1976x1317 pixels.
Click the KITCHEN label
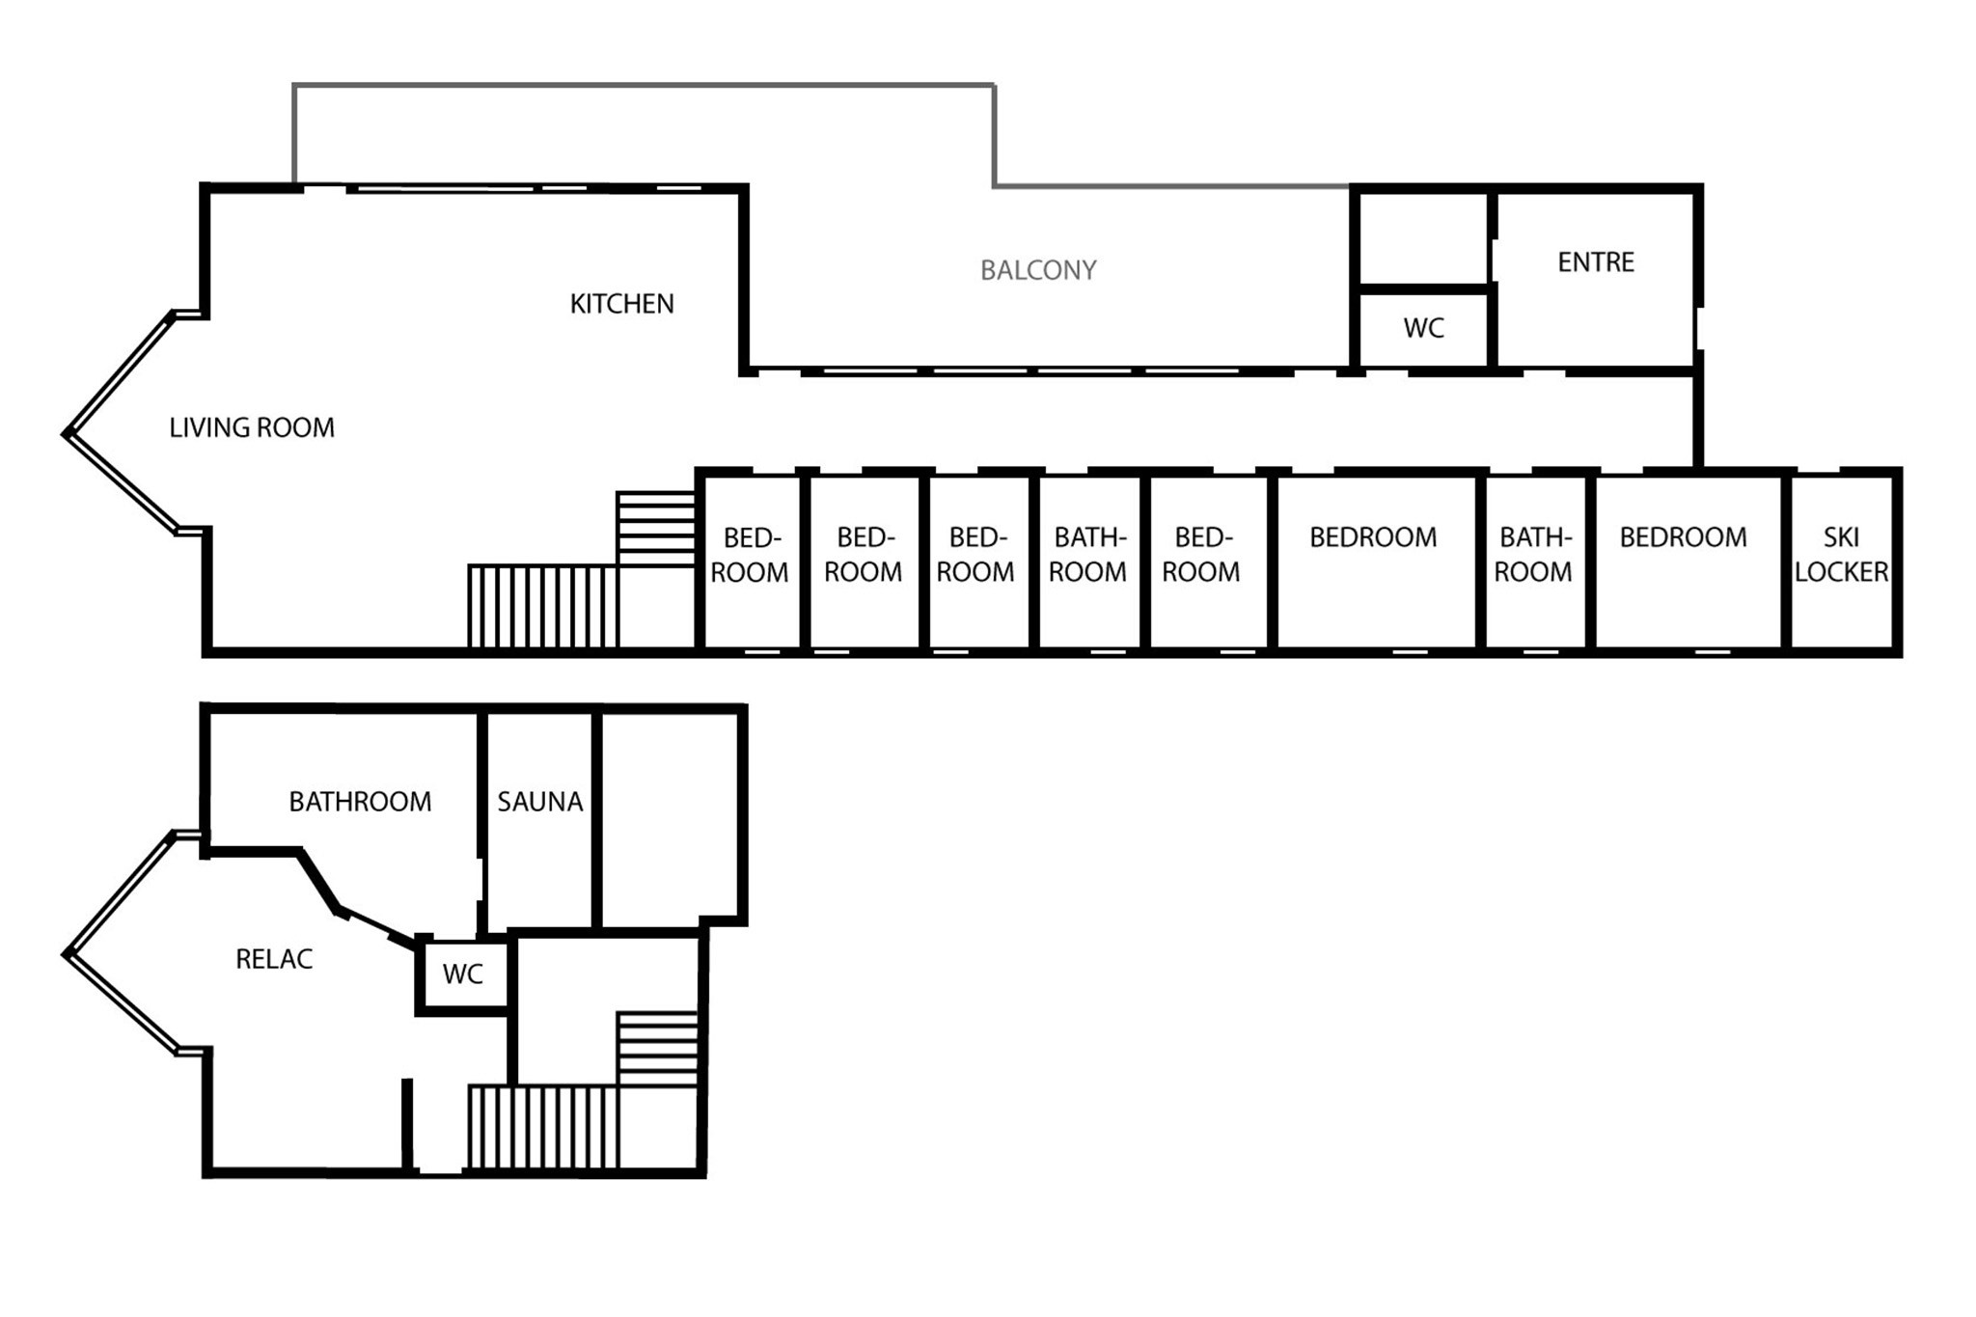(x=621, y=304)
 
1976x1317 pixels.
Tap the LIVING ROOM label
(x=252, y=427)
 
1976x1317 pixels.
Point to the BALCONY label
(x=1038, y=270)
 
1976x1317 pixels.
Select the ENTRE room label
(x=1596, y=262)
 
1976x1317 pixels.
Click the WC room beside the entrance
(x=1423, y=327)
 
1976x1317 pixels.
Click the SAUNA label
(x=539, y=802)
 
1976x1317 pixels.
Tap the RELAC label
(x=274, y=959)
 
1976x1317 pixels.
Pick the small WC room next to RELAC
(x=463, y=974)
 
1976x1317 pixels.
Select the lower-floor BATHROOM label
(x=360, y=802)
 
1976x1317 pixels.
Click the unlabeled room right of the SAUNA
(x=670, y=816)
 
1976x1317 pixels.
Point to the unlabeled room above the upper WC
(x=1423, y=237)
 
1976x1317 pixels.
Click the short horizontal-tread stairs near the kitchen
(x=656, y=529)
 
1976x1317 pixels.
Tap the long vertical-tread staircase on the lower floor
(x=543, y=1127)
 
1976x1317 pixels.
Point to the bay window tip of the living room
(x=66, y=434)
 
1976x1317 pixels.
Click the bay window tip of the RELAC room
(x=66, y=955)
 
